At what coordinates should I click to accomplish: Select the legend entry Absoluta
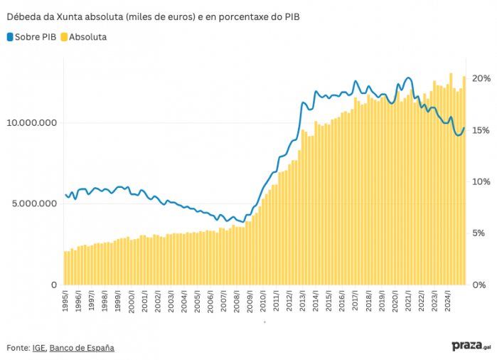pyautogui.click(x=83, y=36)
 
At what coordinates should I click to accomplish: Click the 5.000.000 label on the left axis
pyautogui.click(x=33, y=204)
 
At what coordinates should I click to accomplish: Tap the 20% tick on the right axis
pyautogui.click(x=481, y=78)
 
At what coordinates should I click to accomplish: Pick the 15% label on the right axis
pyautogui.click(x=481, y=130)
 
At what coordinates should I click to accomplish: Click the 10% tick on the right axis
pyautogui.click(x=481, y=181)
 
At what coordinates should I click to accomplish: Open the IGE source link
pyautogui.click(x=39, y=348)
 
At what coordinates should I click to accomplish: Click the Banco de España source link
pyautogui.click(x=82, y=348)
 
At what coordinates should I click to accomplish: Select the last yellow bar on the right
pyautogui.click(x=464, y=181)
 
